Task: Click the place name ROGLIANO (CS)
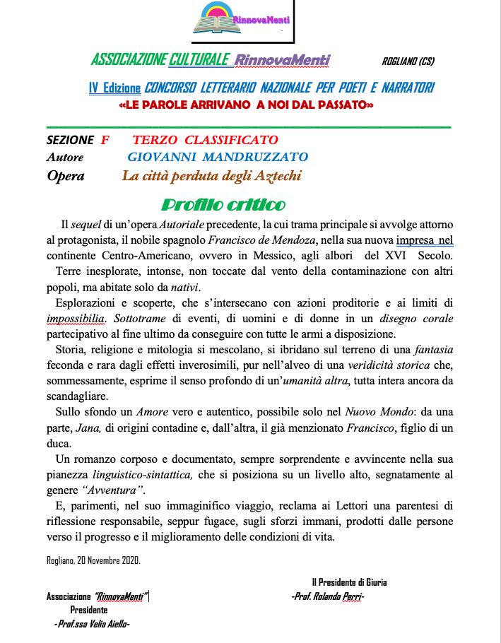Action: tap(408, 61)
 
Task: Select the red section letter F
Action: tap(105, 140)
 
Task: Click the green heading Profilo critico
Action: tap(223, 205)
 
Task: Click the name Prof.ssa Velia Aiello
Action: tap(92, 624)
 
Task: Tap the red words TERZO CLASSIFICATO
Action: tap(205, 140)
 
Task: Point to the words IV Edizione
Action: tap(114, 88)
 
